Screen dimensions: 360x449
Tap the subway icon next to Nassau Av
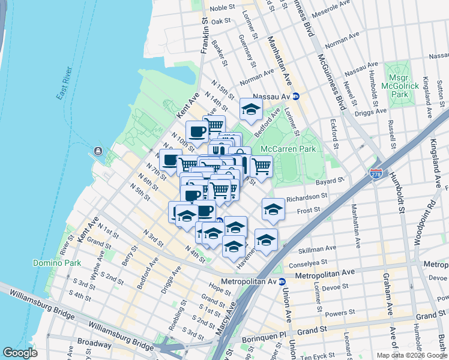coord(296,96)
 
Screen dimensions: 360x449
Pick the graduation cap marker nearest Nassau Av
coord(251,109)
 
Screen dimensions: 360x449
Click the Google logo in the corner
coord(20,353)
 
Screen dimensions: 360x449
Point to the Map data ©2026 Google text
coord(411,355)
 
